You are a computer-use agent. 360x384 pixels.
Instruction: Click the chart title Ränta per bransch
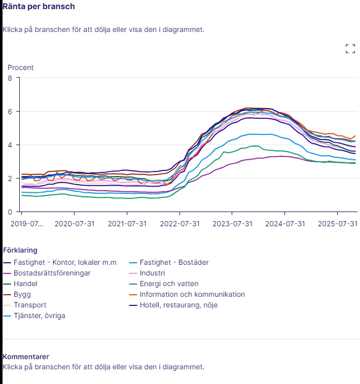click(39, 7)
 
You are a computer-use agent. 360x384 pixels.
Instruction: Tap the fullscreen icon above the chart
click(350, 49)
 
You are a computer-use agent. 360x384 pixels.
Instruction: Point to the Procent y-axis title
click(20, 67)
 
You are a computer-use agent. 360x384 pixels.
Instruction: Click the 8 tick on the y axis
click(10, 78)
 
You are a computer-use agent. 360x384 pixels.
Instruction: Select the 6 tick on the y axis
click(10, 111)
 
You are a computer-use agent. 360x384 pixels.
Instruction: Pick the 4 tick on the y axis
click(10, 145)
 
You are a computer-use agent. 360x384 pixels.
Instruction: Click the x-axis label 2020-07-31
click(75, 223)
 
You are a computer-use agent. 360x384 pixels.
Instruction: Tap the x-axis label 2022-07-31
click(179, 223)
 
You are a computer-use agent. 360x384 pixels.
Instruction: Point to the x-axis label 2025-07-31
click(337, 223)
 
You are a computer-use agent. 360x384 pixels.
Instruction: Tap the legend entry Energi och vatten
click(169, 284)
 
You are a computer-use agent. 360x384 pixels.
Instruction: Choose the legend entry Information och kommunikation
click(193, 294)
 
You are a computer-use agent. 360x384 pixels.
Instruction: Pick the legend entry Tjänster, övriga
click(39, 316)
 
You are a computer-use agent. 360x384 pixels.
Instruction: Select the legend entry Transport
click(30, 305)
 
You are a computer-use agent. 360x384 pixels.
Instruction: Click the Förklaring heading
click(20, 250)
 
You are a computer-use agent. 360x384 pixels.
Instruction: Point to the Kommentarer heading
click(26, 357)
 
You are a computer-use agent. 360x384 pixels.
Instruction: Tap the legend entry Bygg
click(22, 294)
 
